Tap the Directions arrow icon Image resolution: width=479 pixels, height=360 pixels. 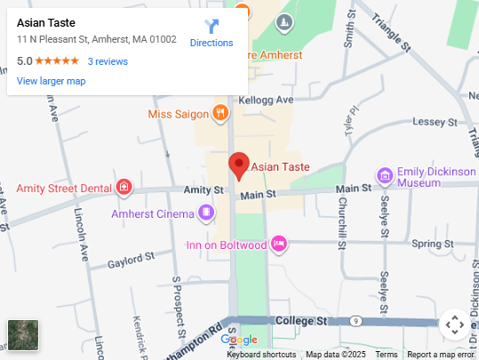coord(212,26)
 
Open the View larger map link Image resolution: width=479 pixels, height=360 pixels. coord(51,81)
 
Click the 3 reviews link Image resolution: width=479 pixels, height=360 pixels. coord(108,61)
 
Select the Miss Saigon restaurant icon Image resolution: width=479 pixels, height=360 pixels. coord(219,113)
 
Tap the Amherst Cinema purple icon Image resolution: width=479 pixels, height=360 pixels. coord(206,212)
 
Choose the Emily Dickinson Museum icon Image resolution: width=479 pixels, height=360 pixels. coord(385,175)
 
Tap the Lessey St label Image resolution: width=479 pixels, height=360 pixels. coord(434,121)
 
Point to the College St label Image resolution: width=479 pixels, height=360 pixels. coord(302,320)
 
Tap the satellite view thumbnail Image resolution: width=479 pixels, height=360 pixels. coord(23,336)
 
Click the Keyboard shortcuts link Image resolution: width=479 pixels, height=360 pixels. coord(261,355)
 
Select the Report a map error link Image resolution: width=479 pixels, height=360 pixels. coord(441,355)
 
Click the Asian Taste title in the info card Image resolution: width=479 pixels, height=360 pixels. coord(46,22)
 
